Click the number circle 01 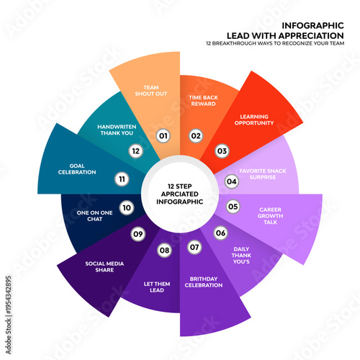pyautogui.click(x=163, y=135)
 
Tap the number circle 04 pyautogui.click(x=232, y=181)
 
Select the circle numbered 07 pyautogui.click(x=194, y=247)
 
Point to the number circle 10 pyautogui.click(x=127, y=208)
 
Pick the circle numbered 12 pyautogui.click(x=134, y=150)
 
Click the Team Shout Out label pyautogui.click(x=151, y=92)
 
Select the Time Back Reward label pyautogui.click(x=202, y=99)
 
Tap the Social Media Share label pyautogui.click(x=104, y=266)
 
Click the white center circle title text pyautogui.click(x=179, y=194)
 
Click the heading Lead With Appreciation pyautogui.click(x=285, y=35)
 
